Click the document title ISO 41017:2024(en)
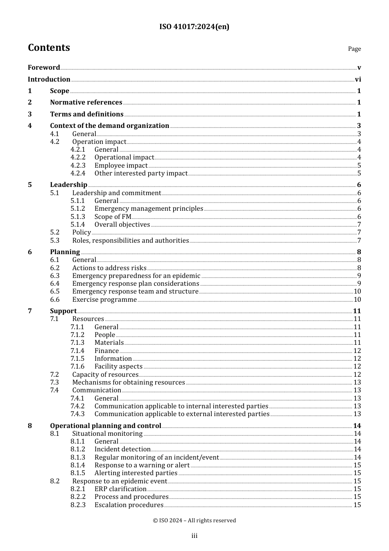click(x=194, y=27)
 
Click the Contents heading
click(x=49, y=48)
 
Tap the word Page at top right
click(x=354, y=49)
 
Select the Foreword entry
click(x=44, y=68)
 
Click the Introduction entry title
click(x=49, y=80)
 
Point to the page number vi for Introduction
click(x=358, y=80)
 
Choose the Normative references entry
click(x=86, y=102)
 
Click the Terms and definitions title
click(x=87, y=114)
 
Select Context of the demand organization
click(x=109, y=126)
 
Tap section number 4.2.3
click(x=78, y=166)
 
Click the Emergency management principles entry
click(x=149, y=209)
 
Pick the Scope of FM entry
click(x=113, y=217)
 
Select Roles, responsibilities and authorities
click(x=131, y=241)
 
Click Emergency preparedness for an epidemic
click(x=136, y=276)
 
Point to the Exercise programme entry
click(x=104, y=300)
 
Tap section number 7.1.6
click(x=77, y=367)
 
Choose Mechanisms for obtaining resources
click(x=129, y=383)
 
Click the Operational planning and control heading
click(x=106, y=426)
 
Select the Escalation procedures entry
click(x=129, y=505)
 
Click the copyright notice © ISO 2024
click(x=194, y=521)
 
